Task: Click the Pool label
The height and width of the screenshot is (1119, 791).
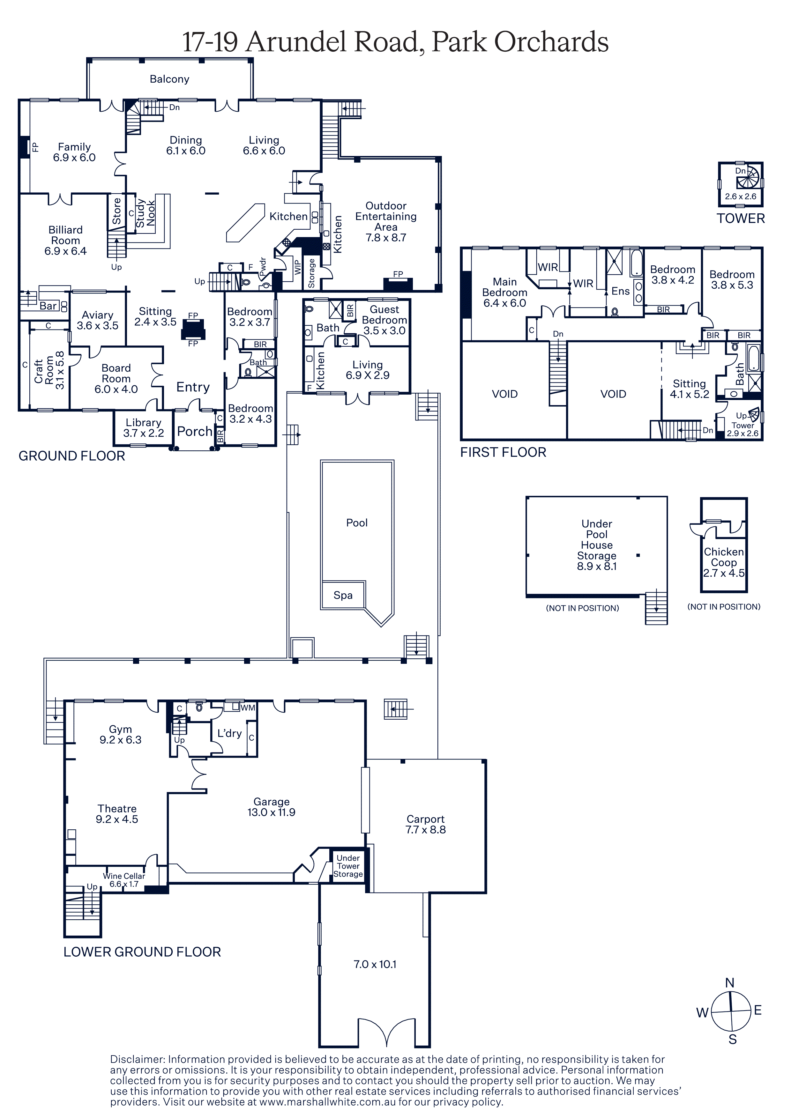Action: pos(357,523)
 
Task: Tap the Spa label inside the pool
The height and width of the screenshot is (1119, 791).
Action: pos(343,596)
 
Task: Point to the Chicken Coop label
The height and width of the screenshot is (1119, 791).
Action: pos(724,557)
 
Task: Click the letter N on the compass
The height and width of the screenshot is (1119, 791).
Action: pos(730,982)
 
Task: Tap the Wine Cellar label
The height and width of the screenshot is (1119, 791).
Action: pos(124,876)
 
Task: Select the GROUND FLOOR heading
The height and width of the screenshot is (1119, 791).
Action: pos(72,456)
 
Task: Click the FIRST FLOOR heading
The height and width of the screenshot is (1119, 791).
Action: pos(504,452)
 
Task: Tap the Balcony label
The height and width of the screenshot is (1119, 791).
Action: pos(170,79)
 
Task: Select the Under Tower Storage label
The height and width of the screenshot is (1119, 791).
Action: pos(348,866)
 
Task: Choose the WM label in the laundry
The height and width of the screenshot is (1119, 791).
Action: pos(248,708)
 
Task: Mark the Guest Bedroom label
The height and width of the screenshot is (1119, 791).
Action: pos(384,315)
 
